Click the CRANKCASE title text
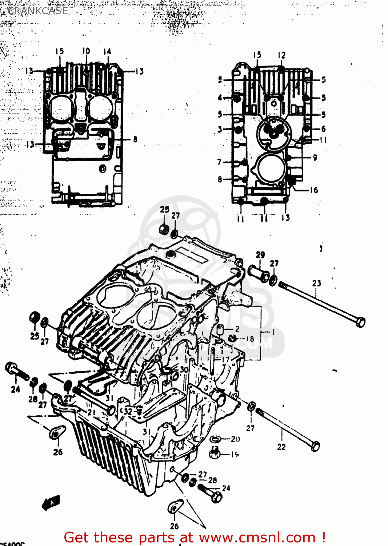37,11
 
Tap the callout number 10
86,51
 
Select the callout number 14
107,52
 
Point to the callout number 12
281,55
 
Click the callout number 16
314,190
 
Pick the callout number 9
315,157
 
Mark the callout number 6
323,129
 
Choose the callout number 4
220,98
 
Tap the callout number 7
219,162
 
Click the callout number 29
260,255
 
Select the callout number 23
316,283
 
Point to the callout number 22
281,447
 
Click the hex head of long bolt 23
360,322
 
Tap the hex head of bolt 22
315,446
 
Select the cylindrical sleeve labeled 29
259,274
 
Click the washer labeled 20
215,439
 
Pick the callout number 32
128,412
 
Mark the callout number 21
91,413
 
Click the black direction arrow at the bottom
51,503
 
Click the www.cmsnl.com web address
257,538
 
